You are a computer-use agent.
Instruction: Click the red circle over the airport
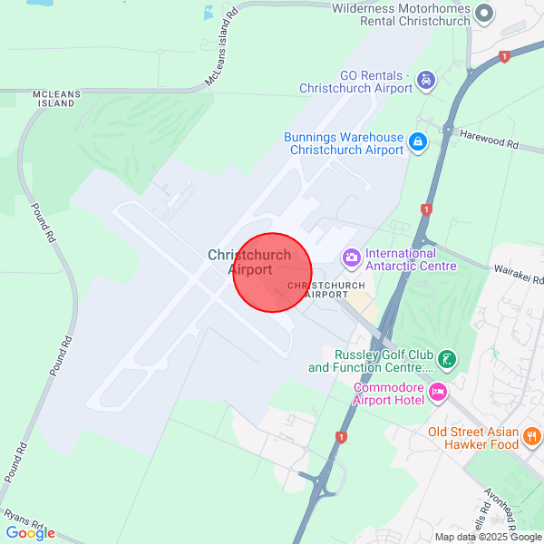click(x=272, y=272)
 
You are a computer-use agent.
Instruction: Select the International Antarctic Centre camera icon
click(x=351, y=259)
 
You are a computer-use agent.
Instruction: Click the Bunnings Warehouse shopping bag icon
click(x=417, y=142)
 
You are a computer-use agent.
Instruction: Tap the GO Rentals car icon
click(x=425, y=82)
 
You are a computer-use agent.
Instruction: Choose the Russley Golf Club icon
click(x=446, y=360)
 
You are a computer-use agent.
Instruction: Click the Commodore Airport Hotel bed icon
click(x=439, y=393)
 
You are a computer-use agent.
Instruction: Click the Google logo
click(x=30, y=533)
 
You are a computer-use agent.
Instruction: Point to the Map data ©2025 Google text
click(x=488, y=537)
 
